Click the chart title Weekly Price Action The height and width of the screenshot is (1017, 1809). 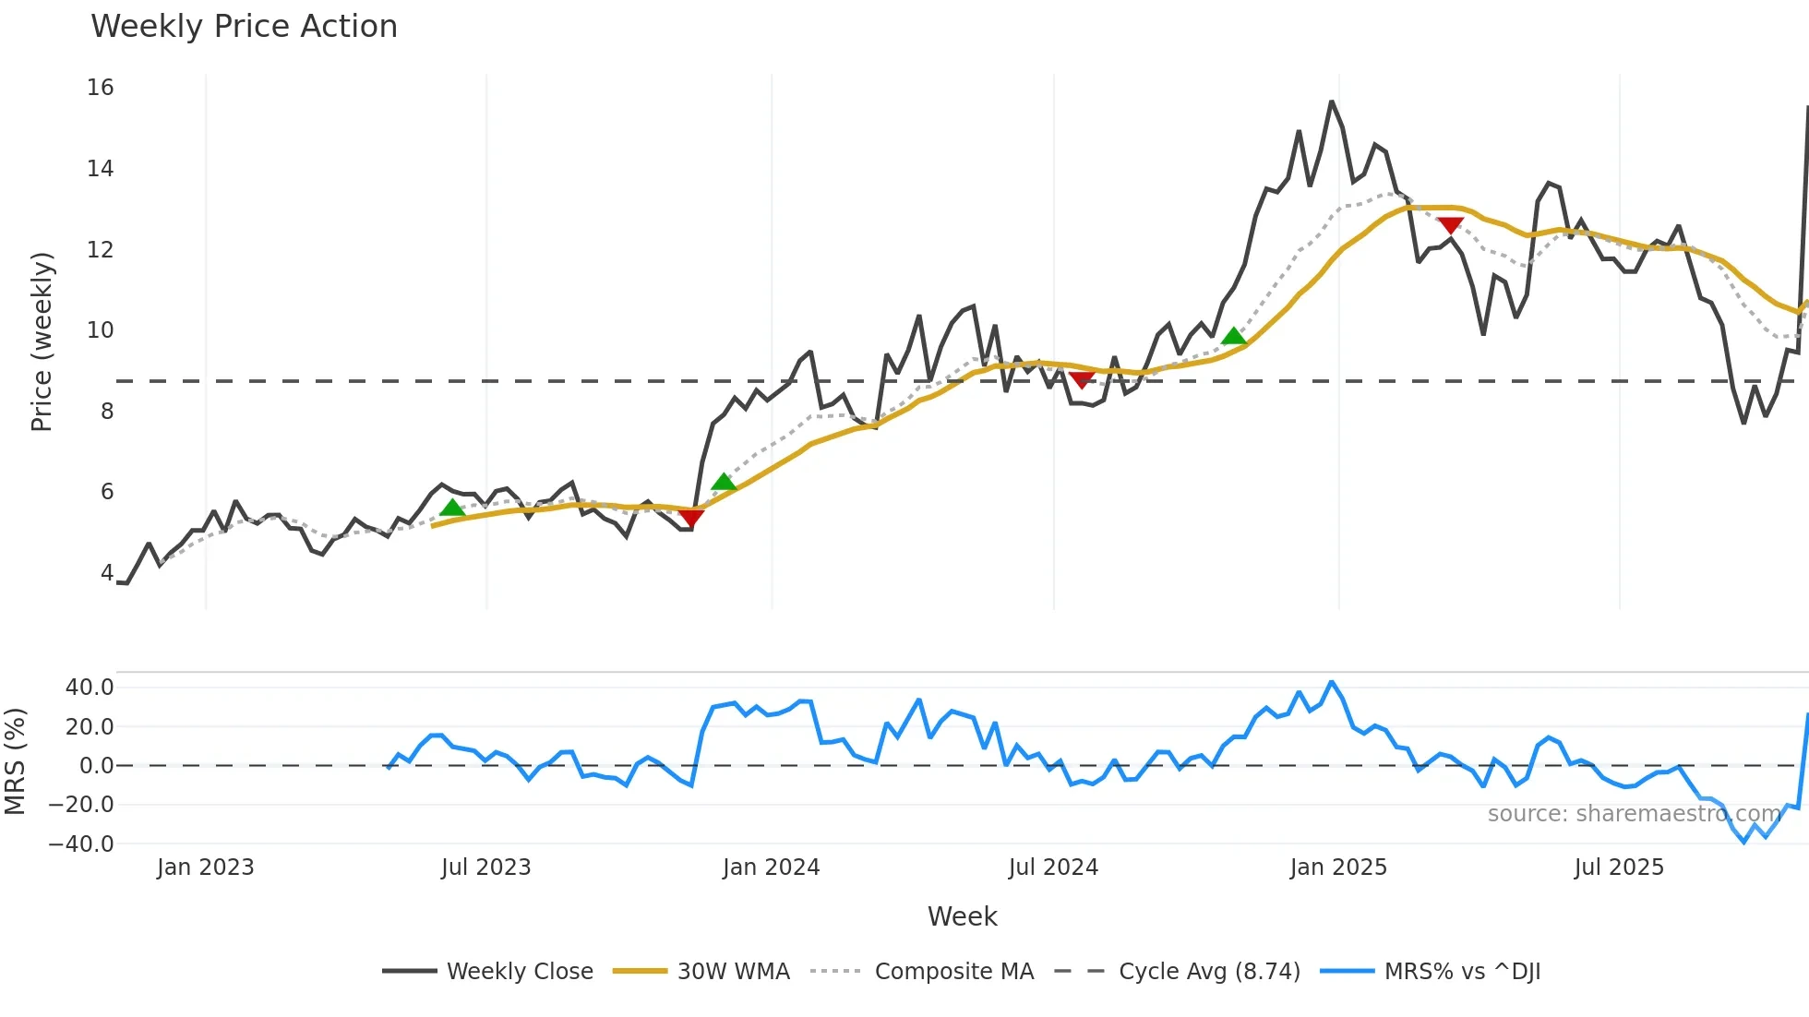point(244,27)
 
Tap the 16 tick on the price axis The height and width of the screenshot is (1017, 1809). point(100,88)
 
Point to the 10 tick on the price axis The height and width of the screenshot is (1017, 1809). point(100,330)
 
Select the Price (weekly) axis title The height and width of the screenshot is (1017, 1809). point(42,341)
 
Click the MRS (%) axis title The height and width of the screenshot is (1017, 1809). point(15,761)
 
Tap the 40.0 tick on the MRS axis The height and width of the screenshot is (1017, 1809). point(90,688)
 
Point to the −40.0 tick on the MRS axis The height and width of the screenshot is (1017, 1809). point(82,844)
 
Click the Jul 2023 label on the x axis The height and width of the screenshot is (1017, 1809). point(485,867)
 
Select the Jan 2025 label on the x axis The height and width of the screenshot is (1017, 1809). point(1337,867)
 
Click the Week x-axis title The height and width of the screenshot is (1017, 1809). point(962,916)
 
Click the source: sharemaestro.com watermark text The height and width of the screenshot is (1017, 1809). point(1634,814)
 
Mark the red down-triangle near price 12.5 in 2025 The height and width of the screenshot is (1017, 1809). point(1450,225)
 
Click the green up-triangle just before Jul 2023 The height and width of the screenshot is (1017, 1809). point(452,508)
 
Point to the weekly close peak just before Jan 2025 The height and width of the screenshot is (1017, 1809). point(1332,102)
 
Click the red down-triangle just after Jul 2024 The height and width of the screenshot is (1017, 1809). point(1082,379)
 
